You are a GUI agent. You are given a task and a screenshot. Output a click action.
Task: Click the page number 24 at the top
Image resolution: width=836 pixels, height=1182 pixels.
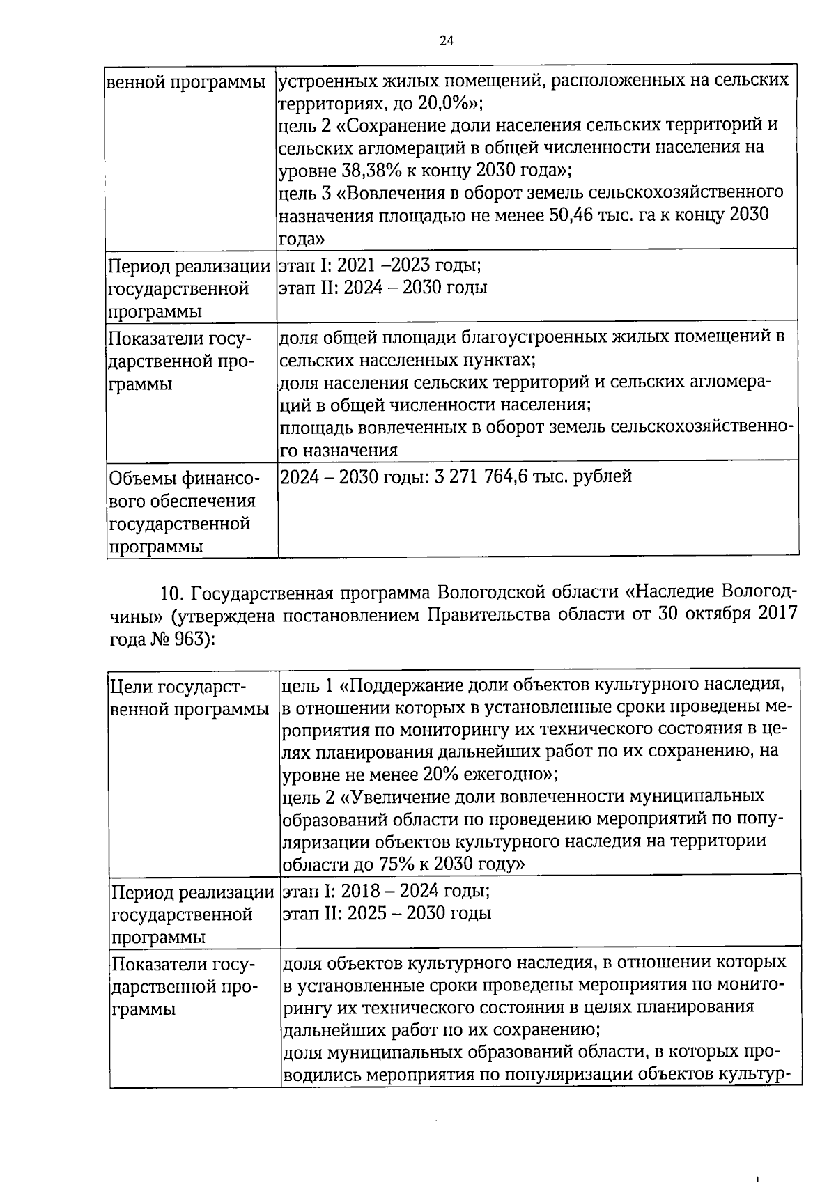pos(447,41)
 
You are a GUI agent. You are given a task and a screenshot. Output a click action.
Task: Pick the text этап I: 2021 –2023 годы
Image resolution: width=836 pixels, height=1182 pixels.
pos(379,265)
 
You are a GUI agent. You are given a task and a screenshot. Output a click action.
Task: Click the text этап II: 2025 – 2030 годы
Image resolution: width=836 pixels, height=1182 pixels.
pos(386,913)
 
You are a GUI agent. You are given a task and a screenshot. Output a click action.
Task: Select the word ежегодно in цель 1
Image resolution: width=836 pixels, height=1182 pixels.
pos(501,774)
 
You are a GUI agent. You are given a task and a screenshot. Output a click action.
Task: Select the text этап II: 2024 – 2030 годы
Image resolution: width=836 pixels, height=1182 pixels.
pos(382,288)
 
